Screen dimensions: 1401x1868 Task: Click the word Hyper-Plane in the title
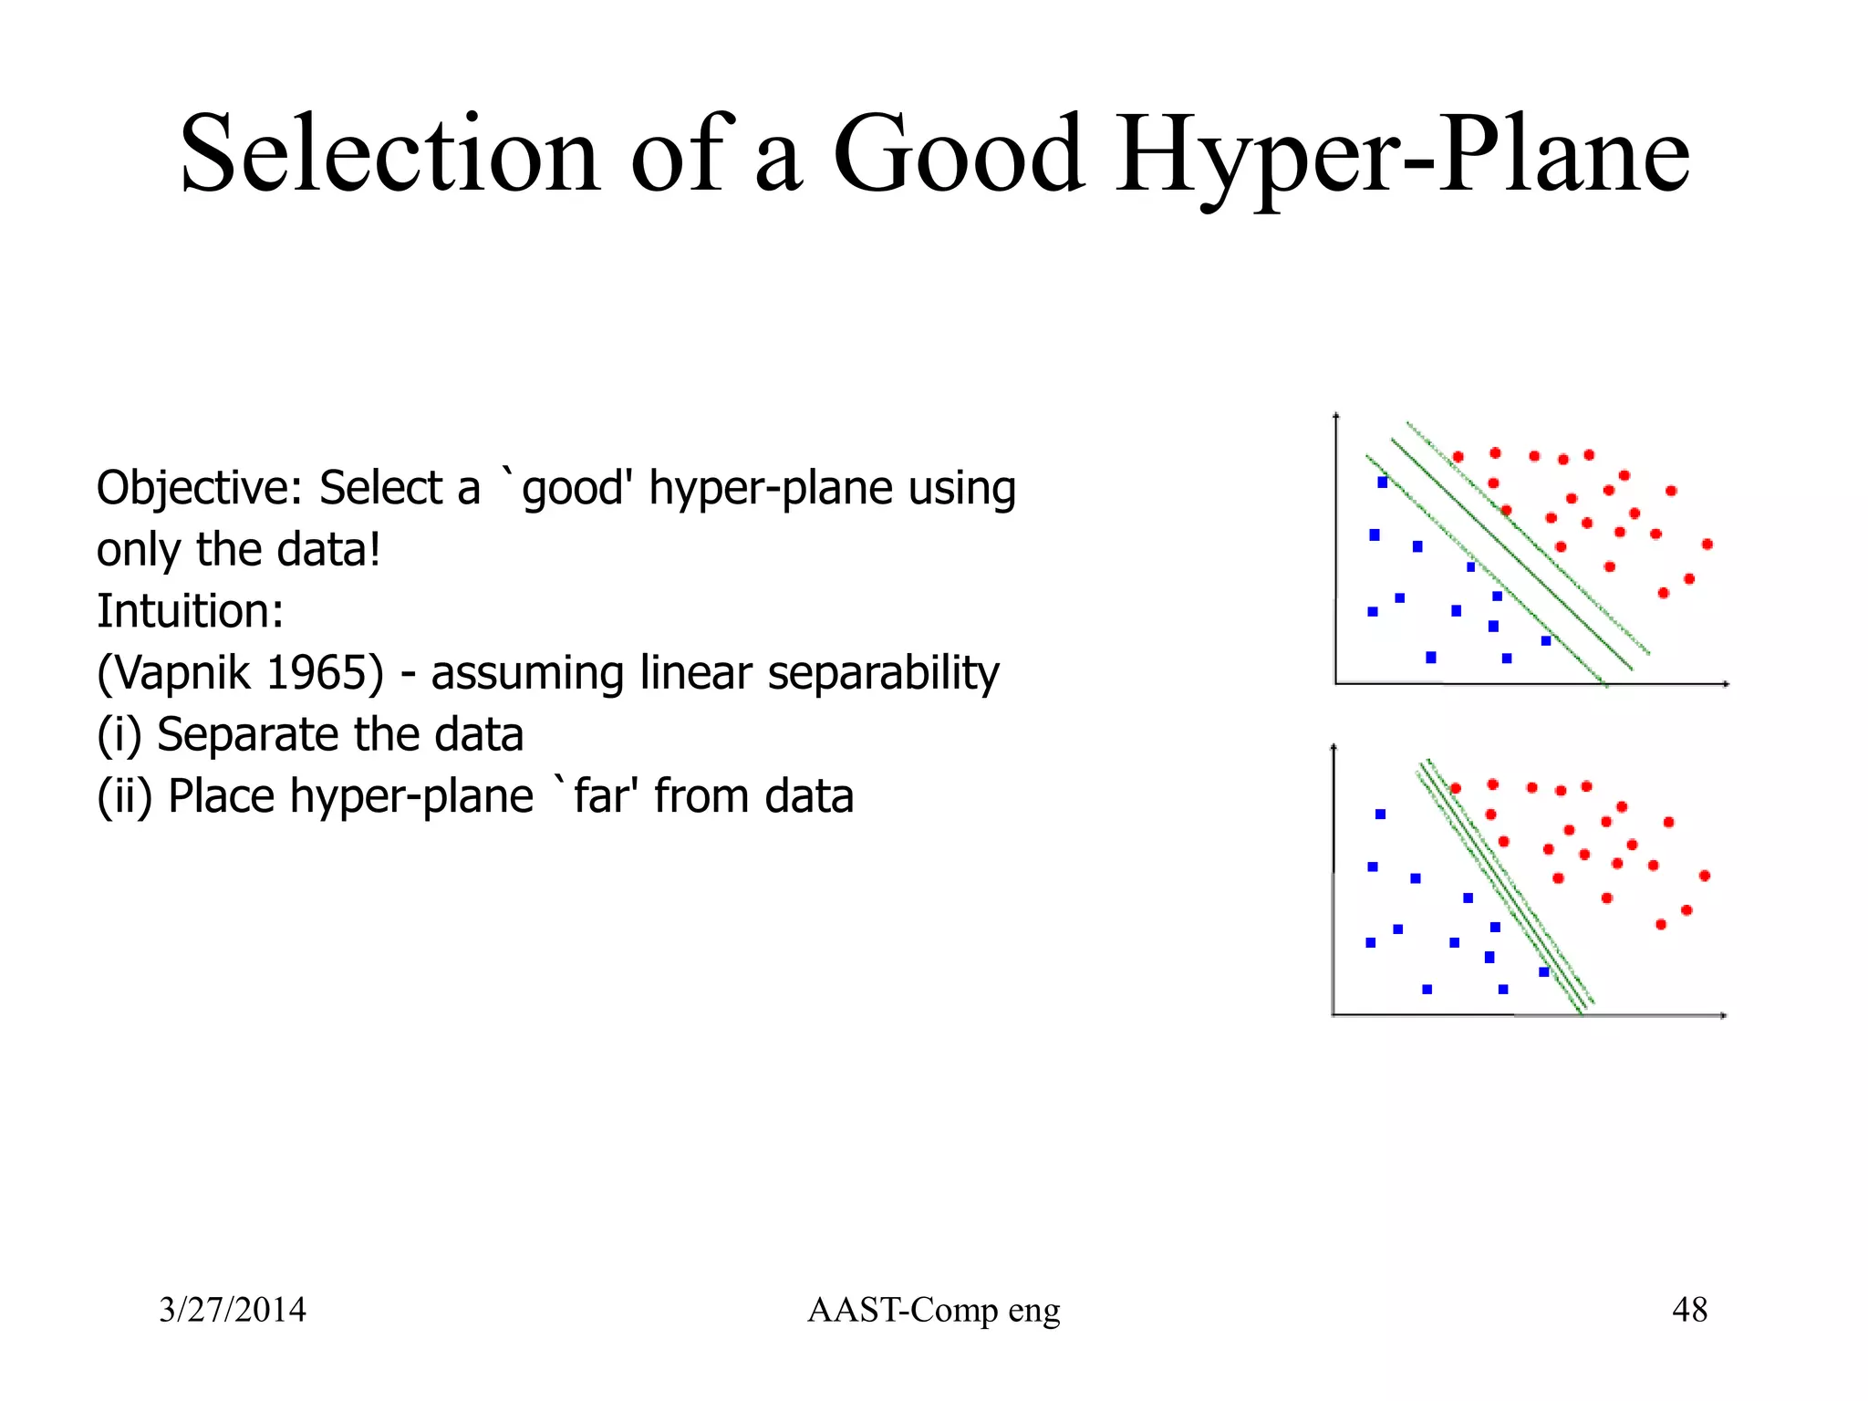coord(1403,155)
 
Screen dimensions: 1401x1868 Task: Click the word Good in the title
coord(959,155)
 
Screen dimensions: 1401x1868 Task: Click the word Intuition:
coord(190,611)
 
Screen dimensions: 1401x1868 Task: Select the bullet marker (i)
coord(119,735)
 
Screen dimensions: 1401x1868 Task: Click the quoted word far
coord(603,796)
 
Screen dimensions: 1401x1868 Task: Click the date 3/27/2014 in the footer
coord(233,1310)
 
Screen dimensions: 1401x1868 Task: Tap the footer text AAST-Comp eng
coord(933,1310)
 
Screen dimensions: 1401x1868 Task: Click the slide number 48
coord(1689,1310)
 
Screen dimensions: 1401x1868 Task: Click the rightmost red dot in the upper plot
coord(1707,545)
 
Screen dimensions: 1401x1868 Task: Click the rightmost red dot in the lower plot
coord(1705,876)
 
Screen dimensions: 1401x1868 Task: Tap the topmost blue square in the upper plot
coord(1383,482)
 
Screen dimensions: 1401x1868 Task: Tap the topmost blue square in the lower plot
coord(1380,814)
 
